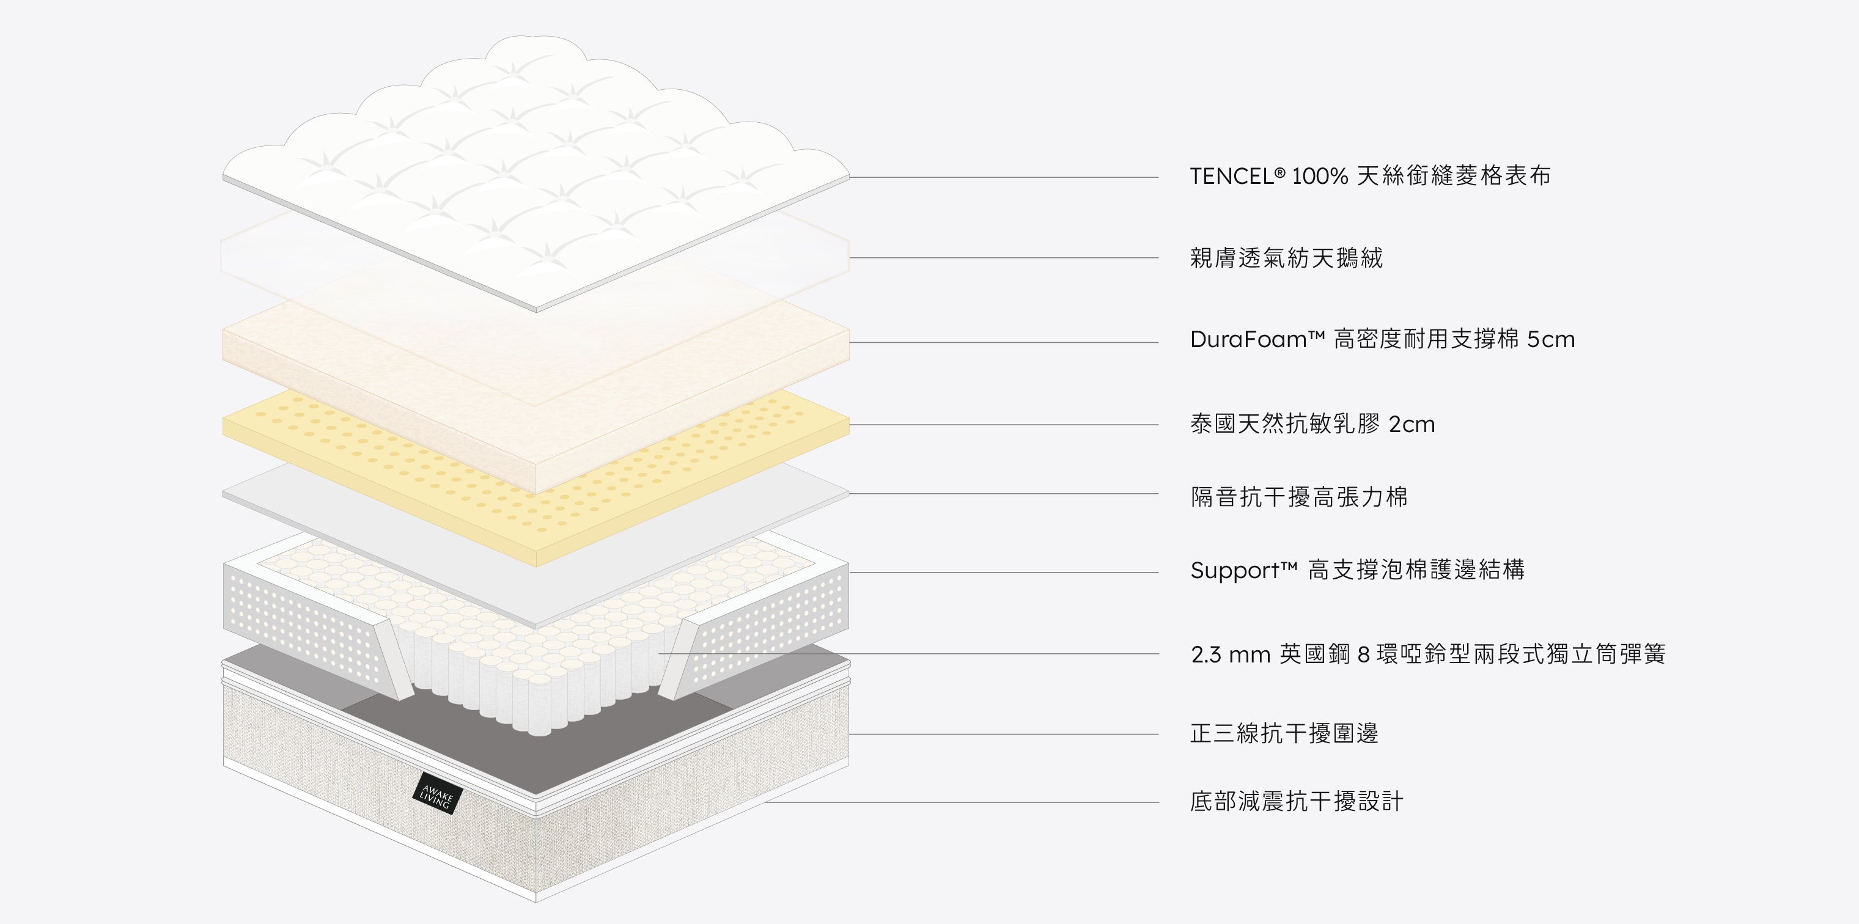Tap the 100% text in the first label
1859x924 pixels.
tap(1319, 176)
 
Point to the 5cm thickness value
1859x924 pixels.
tap(1551, 340)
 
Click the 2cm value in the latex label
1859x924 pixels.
tap(1412, 425)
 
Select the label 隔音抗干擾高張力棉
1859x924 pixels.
tap(1299, 497)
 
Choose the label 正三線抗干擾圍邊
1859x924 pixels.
tap(1284, 733)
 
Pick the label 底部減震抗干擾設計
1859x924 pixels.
tap(1297, 801)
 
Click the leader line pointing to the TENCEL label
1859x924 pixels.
tap(1004, 177)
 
